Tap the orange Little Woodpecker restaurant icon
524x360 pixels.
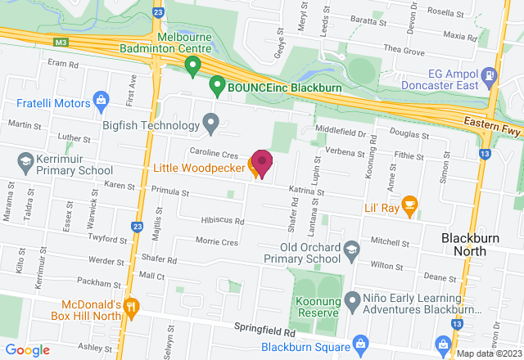(254, 169)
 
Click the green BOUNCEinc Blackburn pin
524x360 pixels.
(217, 83)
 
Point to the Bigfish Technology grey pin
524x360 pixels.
(211, 124)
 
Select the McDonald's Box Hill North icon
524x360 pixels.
(133, 306)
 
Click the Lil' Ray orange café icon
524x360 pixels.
(409, 205)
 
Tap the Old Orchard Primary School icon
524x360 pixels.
(351, 249)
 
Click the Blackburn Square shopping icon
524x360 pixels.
(357, 342)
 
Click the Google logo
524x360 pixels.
(29, 349)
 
